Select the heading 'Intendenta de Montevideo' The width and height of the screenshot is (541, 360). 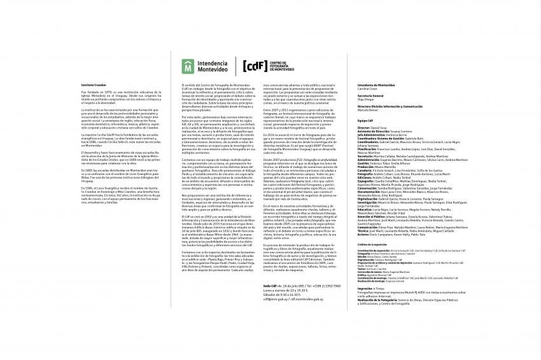[x=377, y=84]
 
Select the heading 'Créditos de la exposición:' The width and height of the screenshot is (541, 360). [x=373, y=244]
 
